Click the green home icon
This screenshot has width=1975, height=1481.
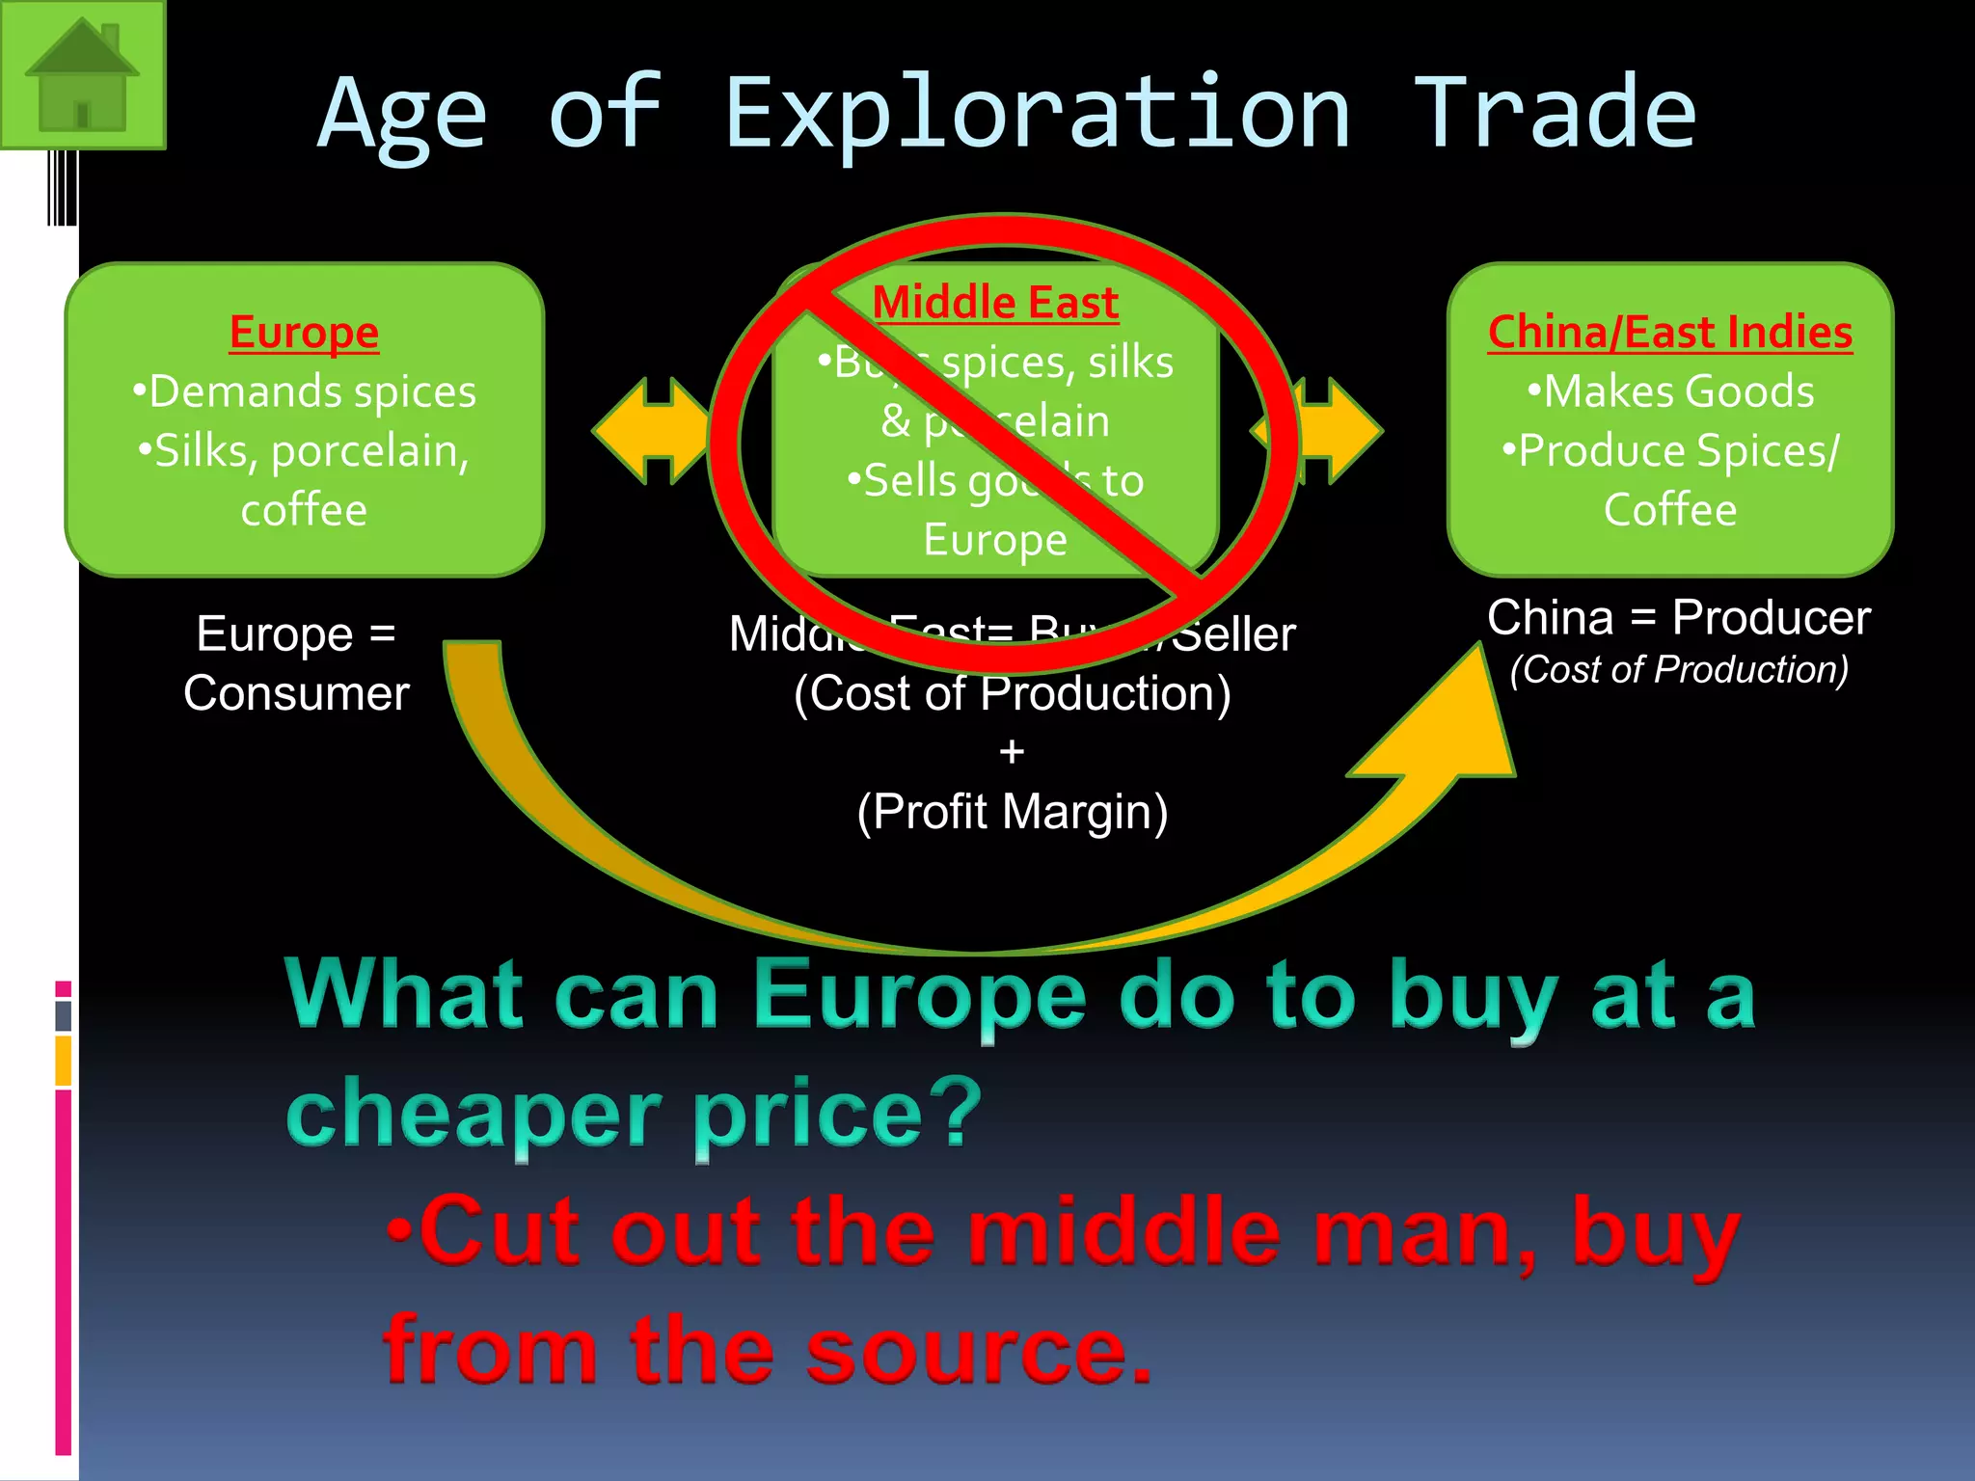(x=82, y=74)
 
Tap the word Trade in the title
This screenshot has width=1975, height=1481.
(x=1554, y=114)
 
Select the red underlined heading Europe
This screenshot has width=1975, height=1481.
(x=304, y=333)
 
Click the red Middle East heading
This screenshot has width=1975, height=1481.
(x=995, y=303)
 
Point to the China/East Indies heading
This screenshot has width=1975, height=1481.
(x=1669, y=333)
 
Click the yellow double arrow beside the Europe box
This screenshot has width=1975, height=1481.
(x=651, y=431)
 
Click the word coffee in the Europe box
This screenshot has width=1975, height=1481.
(x=304, y=509)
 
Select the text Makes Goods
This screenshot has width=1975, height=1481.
(x=1678, y=391)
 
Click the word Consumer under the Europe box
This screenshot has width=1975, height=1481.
(x=296, y=693)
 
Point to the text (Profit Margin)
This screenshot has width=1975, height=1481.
(x=1012, y=812)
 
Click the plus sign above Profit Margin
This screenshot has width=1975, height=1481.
(x=1012, y=751)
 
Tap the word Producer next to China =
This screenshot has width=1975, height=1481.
(x=1771, y=617)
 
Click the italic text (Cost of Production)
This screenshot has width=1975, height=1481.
(x=1679, y=669)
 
